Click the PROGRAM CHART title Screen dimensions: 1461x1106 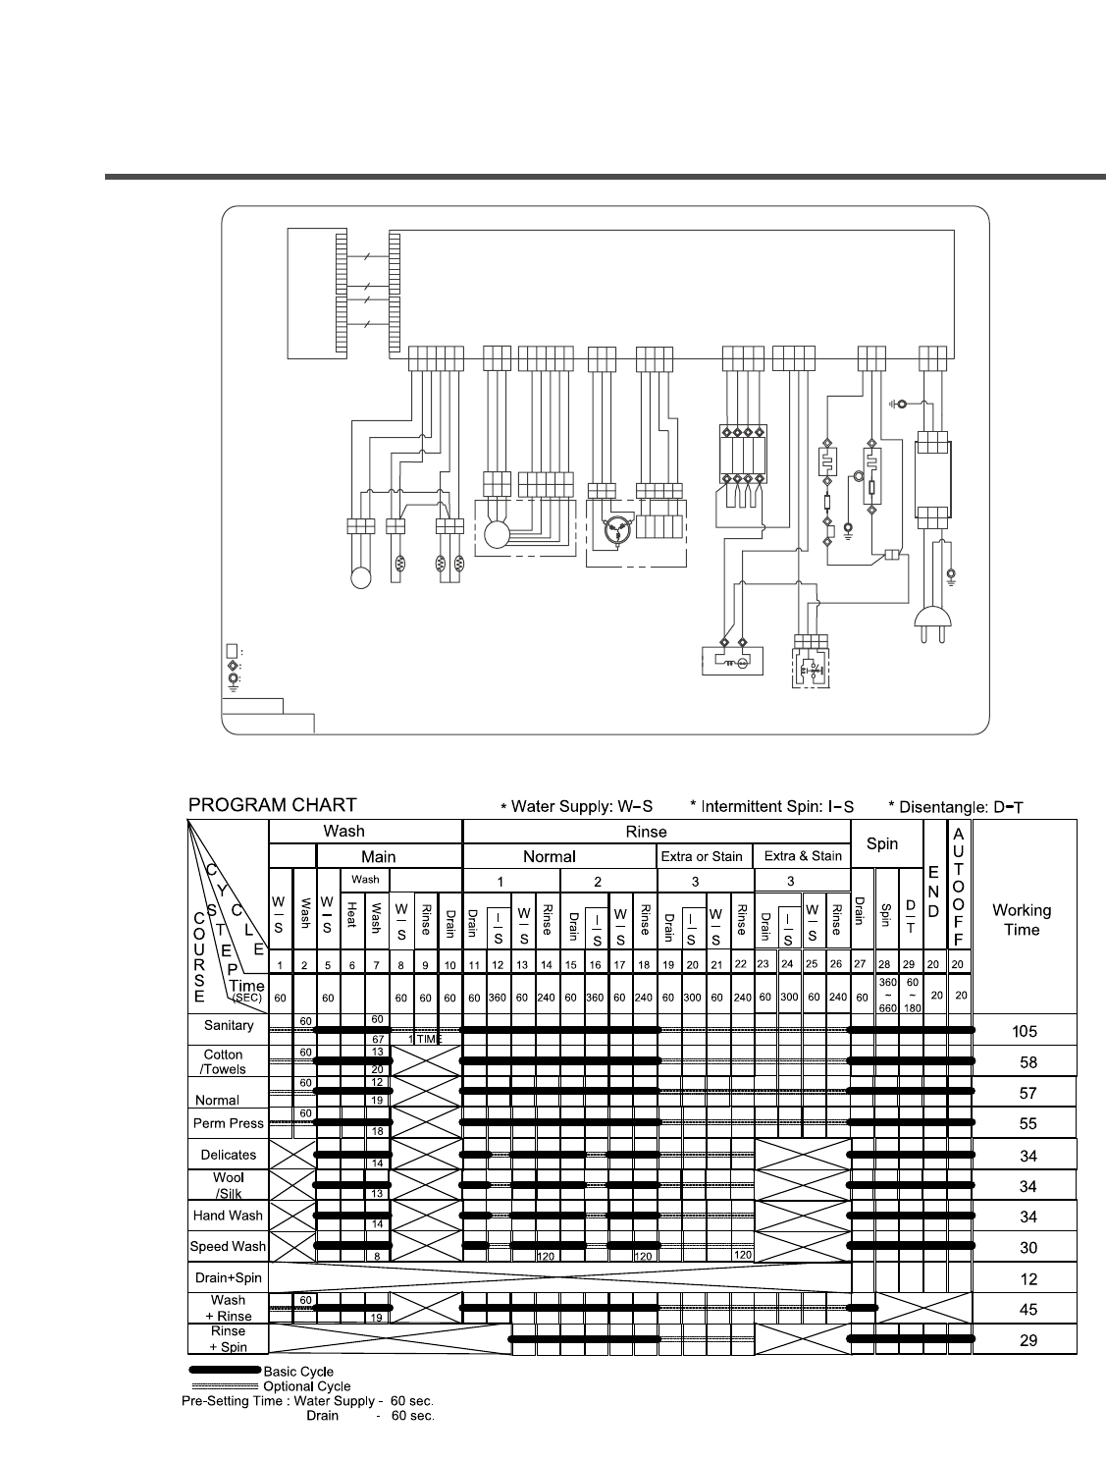(272, 805)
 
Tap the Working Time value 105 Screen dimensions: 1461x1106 (1024, 1032)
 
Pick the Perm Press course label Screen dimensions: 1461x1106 (229, 1123)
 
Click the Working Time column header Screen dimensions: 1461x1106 (1021, 920)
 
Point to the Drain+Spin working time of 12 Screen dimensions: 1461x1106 (1027, 1279)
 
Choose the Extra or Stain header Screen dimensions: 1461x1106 (702, 856)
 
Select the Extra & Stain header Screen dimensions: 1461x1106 (803, 856)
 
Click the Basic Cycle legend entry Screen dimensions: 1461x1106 (298, 1372)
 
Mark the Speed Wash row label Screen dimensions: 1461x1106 (228, 1247)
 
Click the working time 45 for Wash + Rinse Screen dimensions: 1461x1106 (1027, 1310)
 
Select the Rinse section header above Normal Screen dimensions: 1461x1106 (646, 832)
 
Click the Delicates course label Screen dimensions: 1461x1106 (228, 1155)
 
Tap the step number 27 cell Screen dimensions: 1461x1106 (861, 965)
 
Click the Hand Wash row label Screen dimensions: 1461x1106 (228, 1216)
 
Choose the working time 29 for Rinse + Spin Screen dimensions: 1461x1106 (1027, 1340)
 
